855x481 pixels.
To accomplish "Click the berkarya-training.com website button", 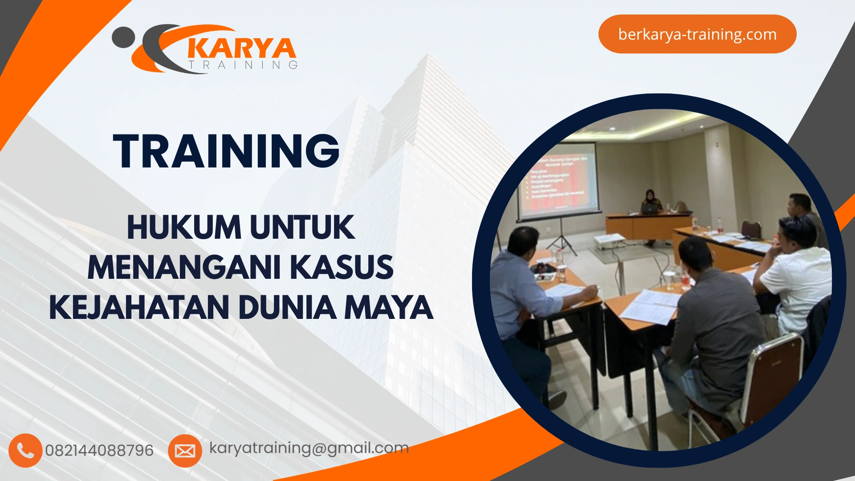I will tap(697, 34).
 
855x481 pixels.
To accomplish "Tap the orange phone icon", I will tap(25, 451).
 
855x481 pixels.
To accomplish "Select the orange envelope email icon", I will tap(185, 451).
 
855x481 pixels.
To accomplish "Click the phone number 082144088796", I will tap(99, 451).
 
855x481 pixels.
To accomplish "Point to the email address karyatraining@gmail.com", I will tap(309, 448).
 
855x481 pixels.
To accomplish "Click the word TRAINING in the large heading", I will tap(227, 151).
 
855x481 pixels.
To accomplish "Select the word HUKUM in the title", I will tap(184, 228).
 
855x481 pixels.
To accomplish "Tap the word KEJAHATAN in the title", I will tap(138, 308).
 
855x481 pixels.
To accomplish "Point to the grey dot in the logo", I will tap(123, 37).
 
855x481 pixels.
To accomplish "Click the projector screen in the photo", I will tap(559, 180).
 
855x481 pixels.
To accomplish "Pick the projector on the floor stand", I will tap(609, 240).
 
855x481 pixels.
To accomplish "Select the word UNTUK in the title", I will tap(302, 228).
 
